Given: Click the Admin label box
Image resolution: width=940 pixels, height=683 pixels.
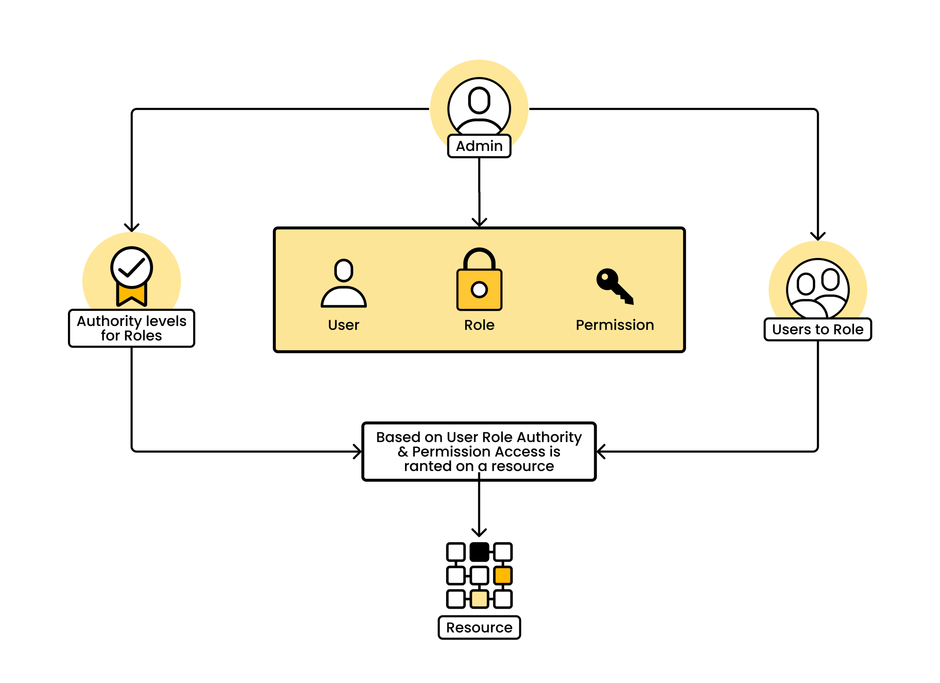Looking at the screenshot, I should [x=479, y=146].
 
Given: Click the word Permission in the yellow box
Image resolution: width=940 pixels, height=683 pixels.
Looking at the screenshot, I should [x=615, y=325].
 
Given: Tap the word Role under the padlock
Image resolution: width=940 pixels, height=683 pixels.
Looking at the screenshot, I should [x=479, y=325].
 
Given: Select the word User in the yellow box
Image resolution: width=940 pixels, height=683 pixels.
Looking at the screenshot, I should [x=344, y=325].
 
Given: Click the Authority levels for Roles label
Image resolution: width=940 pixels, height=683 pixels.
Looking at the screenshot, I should [x=131, y=328].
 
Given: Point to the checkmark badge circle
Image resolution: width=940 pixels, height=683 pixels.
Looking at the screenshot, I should [x=131, y=267].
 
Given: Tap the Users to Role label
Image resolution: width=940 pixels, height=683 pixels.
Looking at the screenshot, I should [x=817, y=329].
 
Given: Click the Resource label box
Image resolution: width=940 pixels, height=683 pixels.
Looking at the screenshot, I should [x=479, y=628].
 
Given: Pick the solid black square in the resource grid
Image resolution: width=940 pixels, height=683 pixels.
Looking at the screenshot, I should [x=479, y=552].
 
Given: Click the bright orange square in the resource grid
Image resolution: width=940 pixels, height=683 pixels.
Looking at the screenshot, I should [x=503, y=576].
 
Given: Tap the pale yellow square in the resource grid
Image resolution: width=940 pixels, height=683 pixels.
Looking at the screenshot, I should [x=479, y=599].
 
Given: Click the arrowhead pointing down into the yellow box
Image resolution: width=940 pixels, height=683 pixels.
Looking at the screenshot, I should [x=480, y=223].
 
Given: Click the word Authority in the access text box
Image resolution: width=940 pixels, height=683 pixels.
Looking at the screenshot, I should [x=549, y=437].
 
